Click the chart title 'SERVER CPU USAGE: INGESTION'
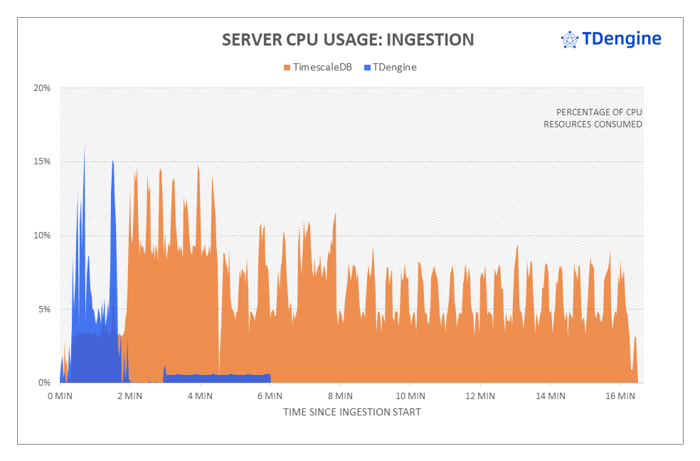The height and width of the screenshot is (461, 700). coord(347,39)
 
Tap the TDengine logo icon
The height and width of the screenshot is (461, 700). coord(569,40)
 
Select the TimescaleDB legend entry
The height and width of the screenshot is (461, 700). coord(317,68)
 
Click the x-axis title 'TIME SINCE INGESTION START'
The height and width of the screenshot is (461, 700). coord(351,412)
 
